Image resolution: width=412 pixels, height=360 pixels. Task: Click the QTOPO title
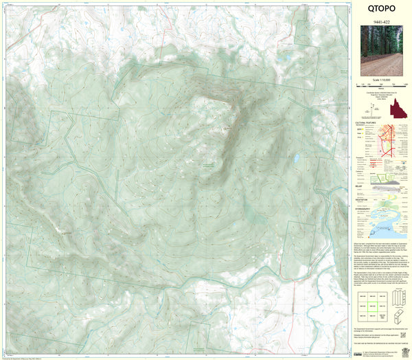pos(380,10)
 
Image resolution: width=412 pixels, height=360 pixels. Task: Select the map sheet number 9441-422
pos(380,22)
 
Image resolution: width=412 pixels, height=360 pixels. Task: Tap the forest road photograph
pos(381,51)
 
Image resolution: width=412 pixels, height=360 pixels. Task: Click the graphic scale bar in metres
pos(380,85)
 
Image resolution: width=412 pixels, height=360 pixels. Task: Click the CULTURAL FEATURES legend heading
pos(365,124)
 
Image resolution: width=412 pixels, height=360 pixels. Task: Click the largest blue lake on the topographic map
pos(295,158)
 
